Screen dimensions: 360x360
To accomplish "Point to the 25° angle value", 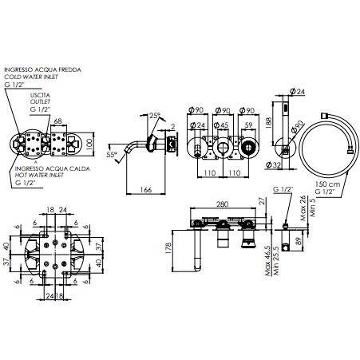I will (154, 115).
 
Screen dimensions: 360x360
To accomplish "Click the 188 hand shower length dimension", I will (269, 121).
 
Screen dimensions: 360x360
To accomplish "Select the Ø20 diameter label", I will (297, 126).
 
